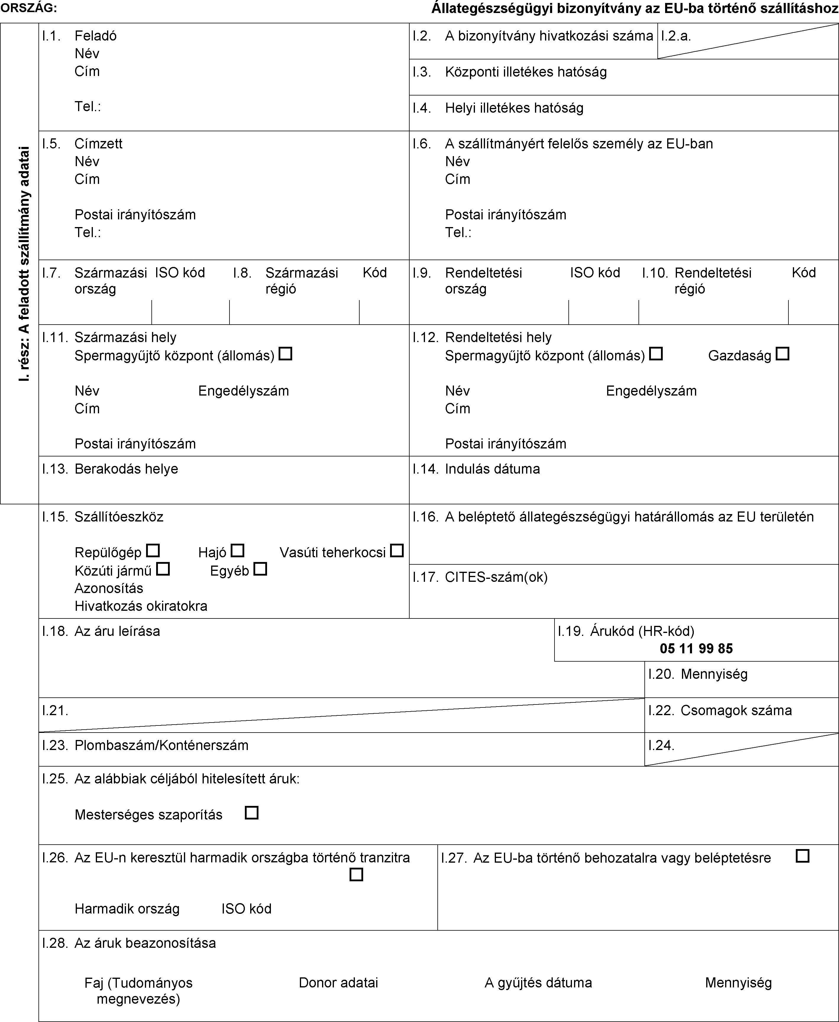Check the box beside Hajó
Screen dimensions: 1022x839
pos(237,550)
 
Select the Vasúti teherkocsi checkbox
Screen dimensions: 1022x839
pos(397,550)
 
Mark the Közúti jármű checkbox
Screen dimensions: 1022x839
pos(163,569)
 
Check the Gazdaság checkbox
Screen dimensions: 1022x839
pos(783,354)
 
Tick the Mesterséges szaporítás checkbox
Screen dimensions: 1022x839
pos(252,813)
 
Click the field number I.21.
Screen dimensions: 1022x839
pos(55,710)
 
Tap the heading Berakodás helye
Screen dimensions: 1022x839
pos(126,469)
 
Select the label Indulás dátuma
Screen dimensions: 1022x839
pos(492,469)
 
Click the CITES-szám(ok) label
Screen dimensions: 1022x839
pos(496,577)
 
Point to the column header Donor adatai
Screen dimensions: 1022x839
pos(338,982)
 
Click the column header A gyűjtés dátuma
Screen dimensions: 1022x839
pos(538,982)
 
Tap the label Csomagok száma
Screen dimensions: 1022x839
pos(736,710)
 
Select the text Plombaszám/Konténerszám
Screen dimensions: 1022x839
pos(161,745)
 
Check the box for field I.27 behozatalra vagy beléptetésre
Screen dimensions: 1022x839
pos(802,856)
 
